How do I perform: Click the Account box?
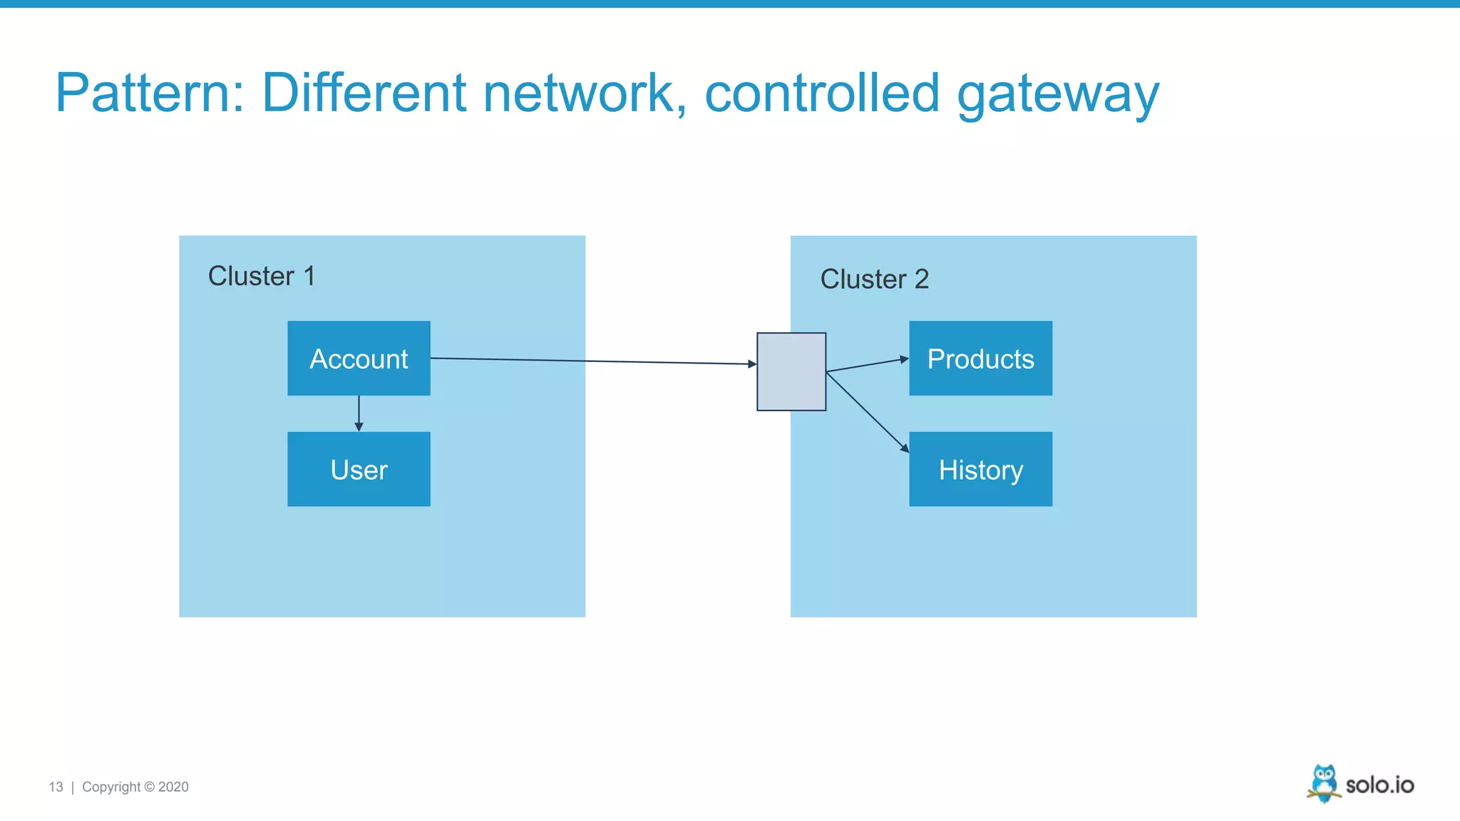point(359,358)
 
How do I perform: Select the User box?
point(359,469)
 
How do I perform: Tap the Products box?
point(980,358)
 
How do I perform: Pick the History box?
point(980,469)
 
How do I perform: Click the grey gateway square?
point(791,371)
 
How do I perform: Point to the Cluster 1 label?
point(261,276)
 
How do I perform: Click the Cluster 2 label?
point(874,279)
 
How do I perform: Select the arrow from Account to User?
point(359,413)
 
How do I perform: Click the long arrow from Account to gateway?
point(592,361)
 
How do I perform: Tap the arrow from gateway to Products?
point(867,365)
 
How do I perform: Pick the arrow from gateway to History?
point(867,412)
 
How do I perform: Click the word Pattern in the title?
point(150,93)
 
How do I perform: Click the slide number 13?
point(56,787)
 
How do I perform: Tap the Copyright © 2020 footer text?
point(135,787)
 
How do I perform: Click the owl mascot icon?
point(1324,783)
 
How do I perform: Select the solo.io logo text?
point(1379,785)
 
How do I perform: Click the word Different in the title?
point(364,93)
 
